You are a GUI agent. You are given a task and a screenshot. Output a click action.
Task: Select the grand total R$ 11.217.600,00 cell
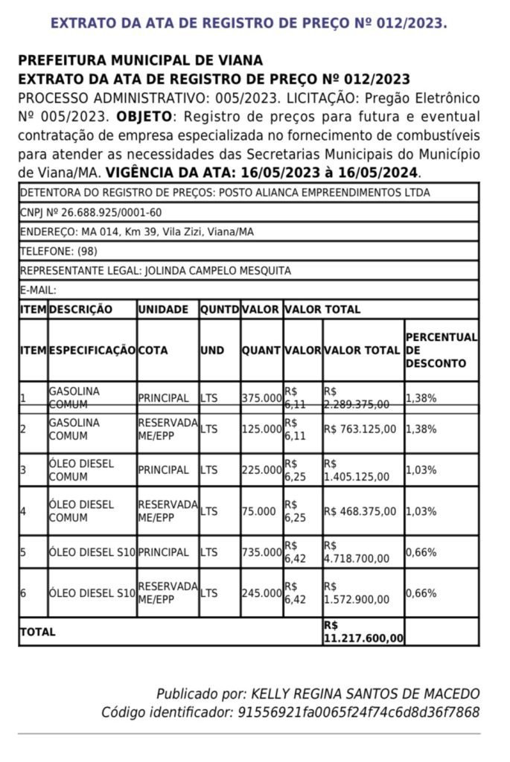[x=364, y=632]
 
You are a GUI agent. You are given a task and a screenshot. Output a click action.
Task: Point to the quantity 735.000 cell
[x=261, y=553]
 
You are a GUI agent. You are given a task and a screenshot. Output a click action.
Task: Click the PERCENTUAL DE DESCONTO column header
[x=442, y=350]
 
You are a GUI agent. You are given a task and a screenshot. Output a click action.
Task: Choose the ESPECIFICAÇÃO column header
[x=92, y=350]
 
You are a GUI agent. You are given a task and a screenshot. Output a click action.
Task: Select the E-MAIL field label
[x=39, y=290]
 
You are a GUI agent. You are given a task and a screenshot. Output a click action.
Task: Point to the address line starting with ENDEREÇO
[x=136, y=232]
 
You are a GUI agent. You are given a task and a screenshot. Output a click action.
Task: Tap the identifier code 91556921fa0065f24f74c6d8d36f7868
[x=358, y=713]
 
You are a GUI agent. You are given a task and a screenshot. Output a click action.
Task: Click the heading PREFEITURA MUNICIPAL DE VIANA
[x=140, y=60]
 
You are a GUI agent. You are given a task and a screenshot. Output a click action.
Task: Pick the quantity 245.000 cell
[x=261, y=594]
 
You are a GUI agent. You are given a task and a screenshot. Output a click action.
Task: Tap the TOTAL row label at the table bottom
[x=38, y=632]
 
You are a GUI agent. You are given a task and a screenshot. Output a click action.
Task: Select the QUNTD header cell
[x=219, y=310]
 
